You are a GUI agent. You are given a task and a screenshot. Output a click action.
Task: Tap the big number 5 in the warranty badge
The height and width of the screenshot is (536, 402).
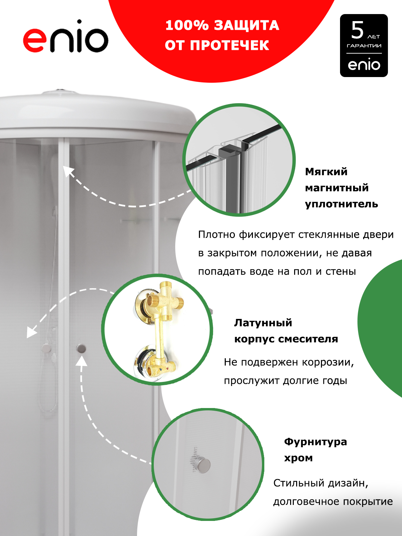point(357,30)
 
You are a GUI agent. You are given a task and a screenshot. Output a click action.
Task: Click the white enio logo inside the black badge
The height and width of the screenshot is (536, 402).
point(364,64)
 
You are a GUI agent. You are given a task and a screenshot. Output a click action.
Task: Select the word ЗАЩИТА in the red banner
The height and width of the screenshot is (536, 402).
point(247,25)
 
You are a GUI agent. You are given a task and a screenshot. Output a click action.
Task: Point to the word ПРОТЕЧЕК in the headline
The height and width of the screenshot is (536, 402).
point(229,46)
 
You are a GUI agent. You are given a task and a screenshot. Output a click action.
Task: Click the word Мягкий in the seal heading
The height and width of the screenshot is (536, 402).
point(326,172)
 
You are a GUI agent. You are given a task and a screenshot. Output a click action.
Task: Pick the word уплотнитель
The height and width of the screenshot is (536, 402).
point(341,204)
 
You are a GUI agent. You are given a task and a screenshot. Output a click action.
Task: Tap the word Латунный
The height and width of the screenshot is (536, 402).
point(263,323)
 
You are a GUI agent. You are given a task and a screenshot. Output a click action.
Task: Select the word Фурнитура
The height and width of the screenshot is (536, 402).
point(315,442)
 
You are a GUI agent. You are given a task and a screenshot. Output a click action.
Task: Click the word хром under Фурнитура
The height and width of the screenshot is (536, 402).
point(298,458)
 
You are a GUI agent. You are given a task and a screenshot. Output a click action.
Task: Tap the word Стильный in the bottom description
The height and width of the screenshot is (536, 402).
point(299,483)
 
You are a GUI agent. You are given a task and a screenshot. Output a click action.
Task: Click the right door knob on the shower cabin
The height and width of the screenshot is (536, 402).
point(81,348)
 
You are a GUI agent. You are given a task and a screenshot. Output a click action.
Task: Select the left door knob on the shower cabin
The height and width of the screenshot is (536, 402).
point(46,348)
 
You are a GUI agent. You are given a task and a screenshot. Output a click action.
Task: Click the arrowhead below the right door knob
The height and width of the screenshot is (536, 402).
point(81,361)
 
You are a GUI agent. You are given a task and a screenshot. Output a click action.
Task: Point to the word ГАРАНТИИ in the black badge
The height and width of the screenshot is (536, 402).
point(364,46)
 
